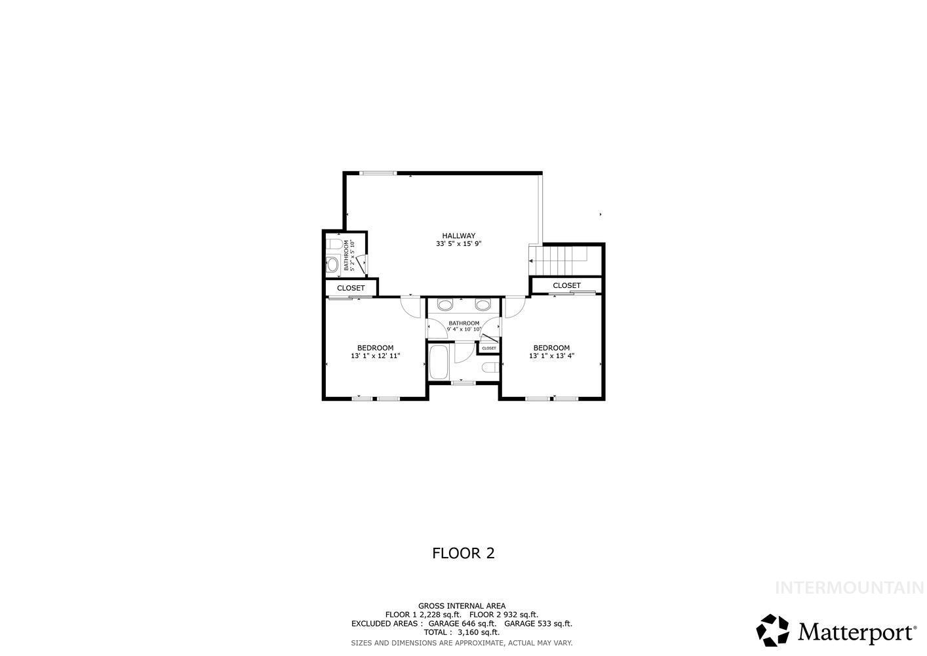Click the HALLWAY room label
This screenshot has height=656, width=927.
458,236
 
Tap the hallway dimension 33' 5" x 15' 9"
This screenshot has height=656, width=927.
458,244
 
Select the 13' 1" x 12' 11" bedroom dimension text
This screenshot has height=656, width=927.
375,356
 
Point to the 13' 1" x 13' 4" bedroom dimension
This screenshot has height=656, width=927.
551,356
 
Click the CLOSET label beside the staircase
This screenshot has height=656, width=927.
566,285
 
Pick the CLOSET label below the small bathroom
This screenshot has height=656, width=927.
351,288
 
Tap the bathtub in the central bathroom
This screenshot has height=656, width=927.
438,363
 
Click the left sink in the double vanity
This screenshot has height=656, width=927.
445,305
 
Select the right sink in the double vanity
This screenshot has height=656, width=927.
483,305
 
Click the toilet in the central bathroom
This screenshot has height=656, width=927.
490,367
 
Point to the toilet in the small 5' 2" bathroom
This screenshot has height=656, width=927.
333,245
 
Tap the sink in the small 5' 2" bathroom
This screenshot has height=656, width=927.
332,265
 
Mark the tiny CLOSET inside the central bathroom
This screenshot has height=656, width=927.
489,348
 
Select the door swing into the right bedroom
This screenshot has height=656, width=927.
513,306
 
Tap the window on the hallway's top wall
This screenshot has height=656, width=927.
378,173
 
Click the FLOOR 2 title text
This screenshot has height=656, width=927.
463,553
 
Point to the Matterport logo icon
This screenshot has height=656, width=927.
773,630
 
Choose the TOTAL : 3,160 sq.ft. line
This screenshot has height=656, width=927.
462,632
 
